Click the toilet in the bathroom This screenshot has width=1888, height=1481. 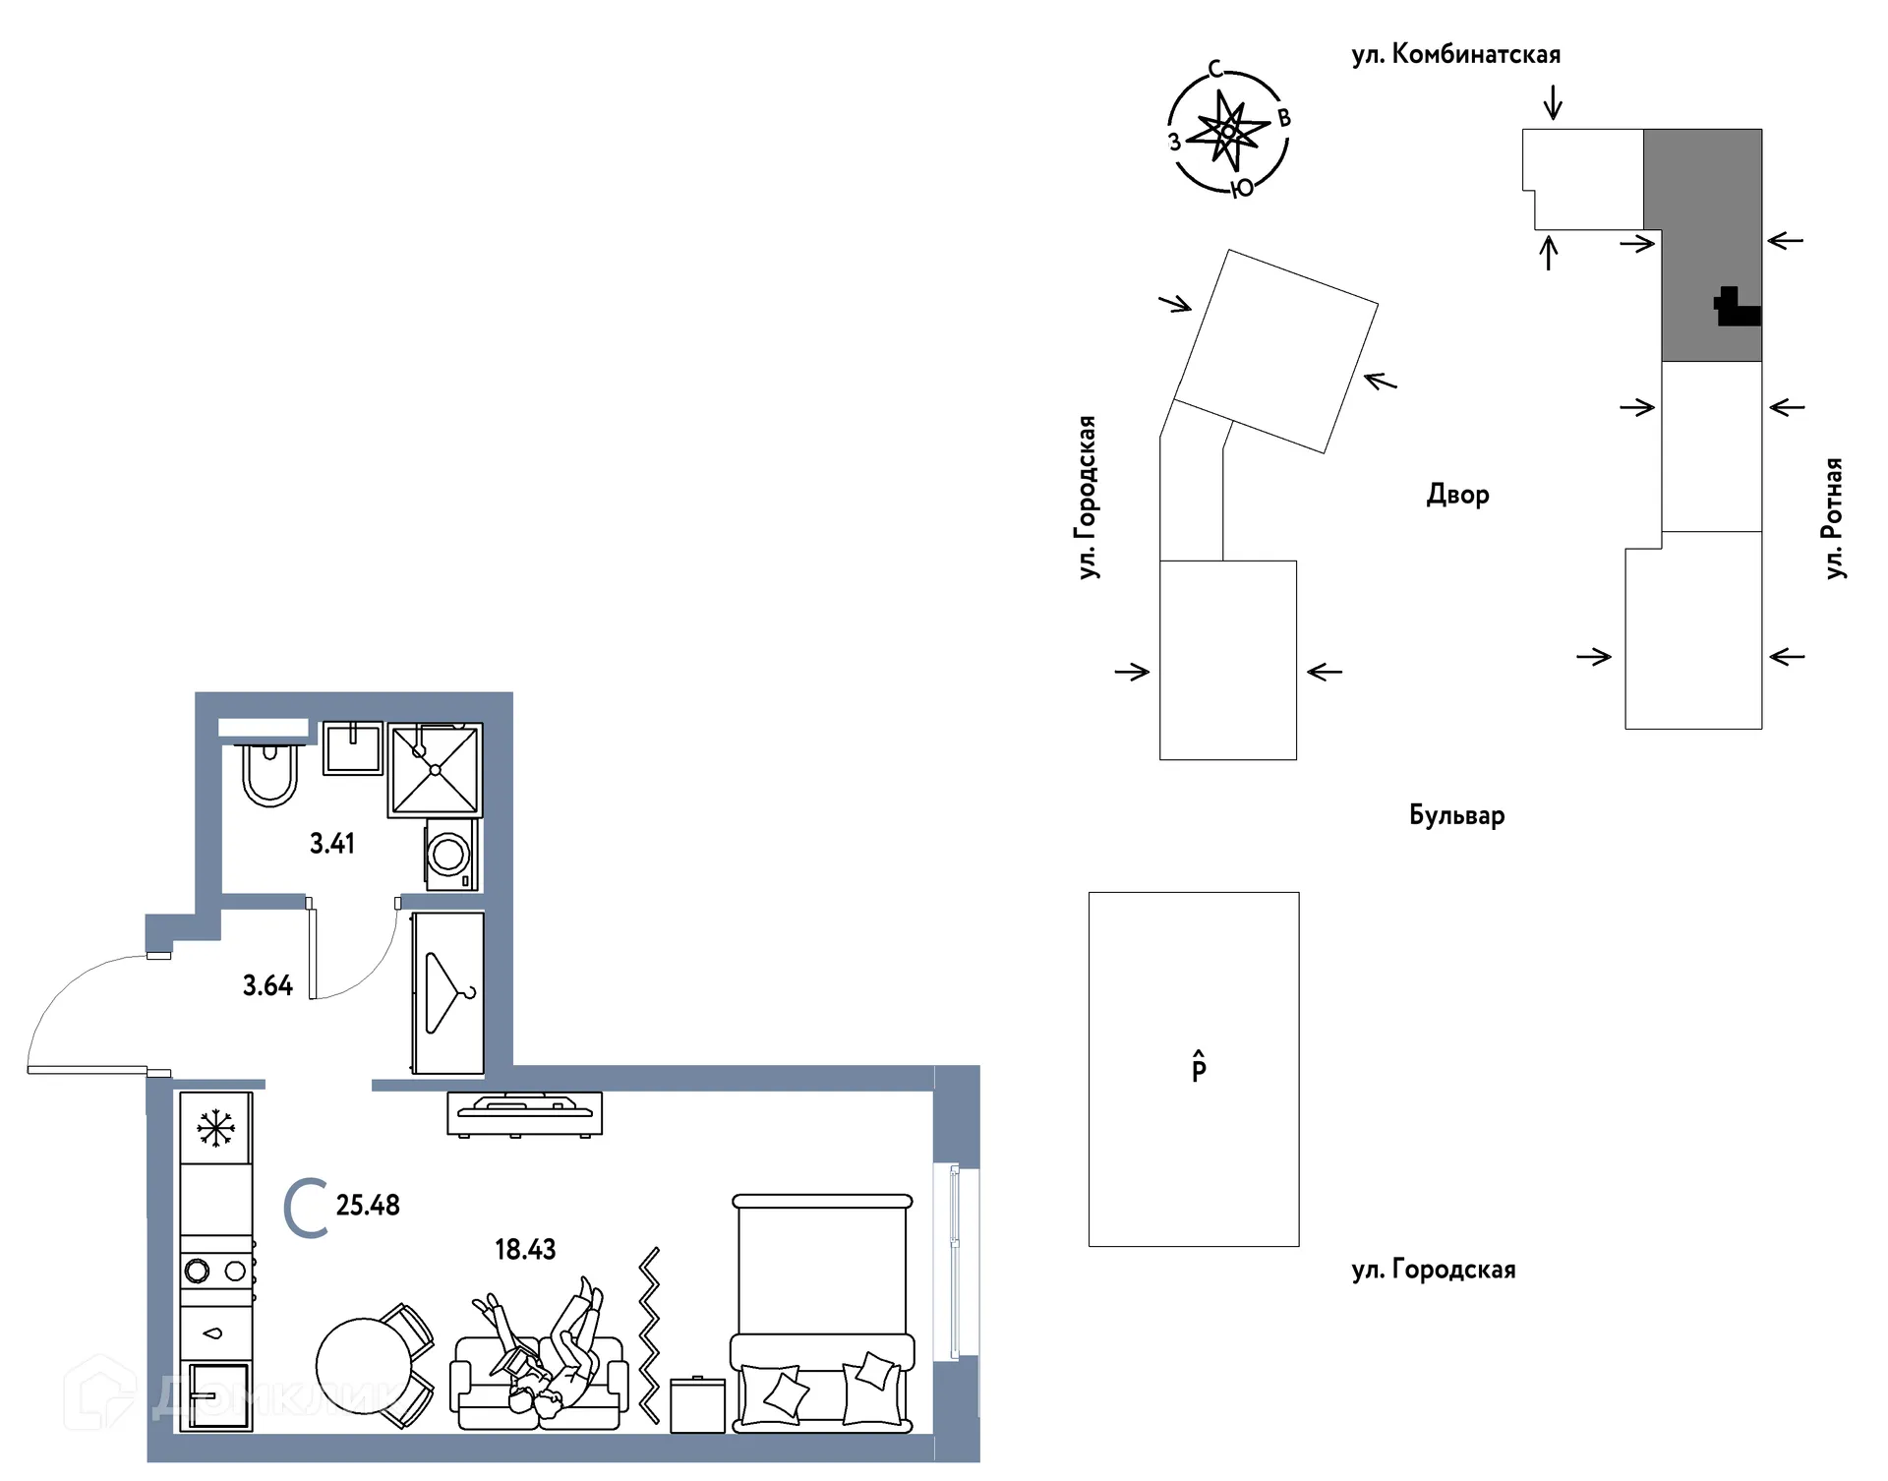[x=269, y=775]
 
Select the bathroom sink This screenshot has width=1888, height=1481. [x=353, y=748]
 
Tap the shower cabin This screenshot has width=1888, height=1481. [x=435, y=770]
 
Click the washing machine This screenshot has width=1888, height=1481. [x=451, y=855]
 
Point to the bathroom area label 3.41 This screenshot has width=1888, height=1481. [x=332, y=843]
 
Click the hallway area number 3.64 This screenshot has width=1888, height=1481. [x=267, y=985]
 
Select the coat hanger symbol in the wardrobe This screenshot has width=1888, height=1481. [x=449, y=992]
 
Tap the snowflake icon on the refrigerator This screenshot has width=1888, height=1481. [x=215, y=1128]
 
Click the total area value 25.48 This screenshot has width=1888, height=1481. [x=368, y=1205]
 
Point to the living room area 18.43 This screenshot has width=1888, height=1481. [x=525, y=1249]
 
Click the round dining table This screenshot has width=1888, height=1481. [x=365, y=1366]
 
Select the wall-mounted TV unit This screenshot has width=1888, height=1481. [x=524, y=1114]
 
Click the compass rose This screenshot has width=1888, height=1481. [x=1227, y=131]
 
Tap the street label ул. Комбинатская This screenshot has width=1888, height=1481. [x=1456, y=54]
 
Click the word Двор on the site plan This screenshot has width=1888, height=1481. [x=1457, y=494]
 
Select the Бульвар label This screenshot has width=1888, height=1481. [x=1456, y=815]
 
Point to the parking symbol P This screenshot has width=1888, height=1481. [x=1199, y=1067]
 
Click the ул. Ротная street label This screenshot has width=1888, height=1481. [x=1834, y=518]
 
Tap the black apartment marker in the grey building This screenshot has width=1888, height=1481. [x=1737, y=307]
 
